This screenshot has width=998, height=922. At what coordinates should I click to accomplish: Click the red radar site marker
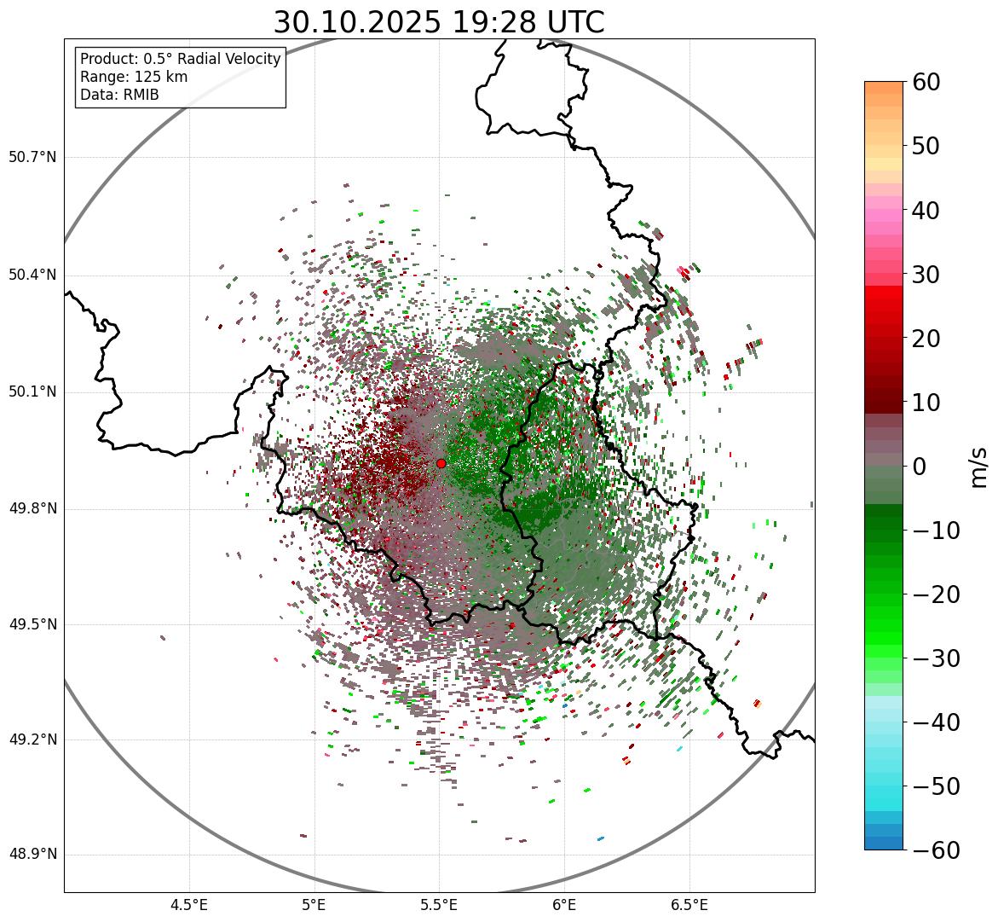click(441, 463)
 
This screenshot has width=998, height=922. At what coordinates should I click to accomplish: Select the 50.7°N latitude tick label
click(32, 157)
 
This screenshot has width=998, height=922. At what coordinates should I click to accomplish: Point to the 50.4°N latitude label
click(32, 275)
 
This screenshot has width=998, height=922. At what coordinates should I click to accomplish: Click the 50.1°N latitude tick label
click(32, 391)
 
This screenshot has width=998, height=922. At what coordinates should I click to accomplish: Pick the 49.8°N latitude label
click(32, 508)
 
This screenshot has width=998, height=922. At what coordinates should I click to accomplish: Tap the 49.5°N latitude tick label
click(32, 624)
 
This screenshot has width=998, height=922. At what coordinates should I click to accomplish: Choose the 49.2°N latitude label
click(32, 739)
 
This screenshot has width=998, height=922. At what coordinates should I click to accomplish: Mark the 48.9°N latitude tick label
click(32, 855)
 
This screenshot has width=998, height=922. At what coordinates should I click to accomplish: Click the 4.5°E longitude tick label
click(189, 905)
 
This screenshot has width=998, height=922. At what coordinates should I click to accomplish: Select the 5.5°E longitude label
click(439, 905)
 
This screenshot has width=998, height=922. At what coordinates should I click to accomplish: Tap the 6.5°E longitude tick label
click(689, 905)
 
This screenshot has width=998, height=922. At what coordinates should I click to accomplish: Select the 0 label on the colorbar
click(920, 467)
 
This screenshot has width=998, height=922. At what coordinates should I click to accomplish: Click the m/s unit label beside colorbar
click(979, 467)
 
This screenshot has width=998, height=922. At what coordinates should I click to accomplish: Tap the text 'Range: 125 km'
click(134, 77)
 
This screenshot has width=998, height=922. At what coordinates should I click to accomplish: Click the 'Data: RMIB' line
click(119, 95)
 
